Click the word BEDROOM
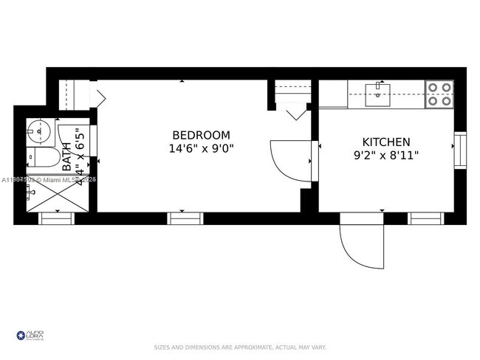tap(201, 136)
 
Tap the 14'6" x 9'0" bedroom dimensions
tap(201, 148)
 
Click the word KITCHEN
tap(385, 142)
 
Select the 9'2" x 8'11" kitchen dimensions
tap(385, 155)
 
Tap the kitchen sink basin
tap(378, 92)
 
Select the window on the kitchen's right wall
tap(460, 150)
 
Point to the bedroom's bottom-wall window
tap(185, 218)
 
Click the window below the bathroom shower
tap(56, 218)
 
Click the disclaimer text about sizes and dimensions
tap(240, 347)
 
